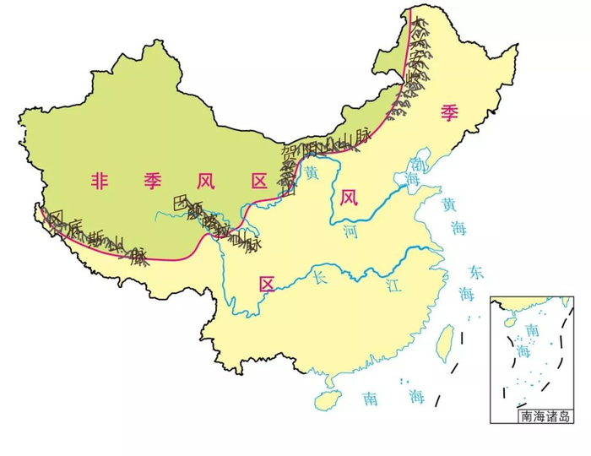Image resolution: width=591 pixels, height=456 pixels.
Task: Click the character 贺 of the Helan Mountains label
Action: (290, 154)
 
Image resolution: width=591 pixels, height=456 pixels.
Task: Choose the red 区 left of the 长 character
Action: (267, 283)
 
